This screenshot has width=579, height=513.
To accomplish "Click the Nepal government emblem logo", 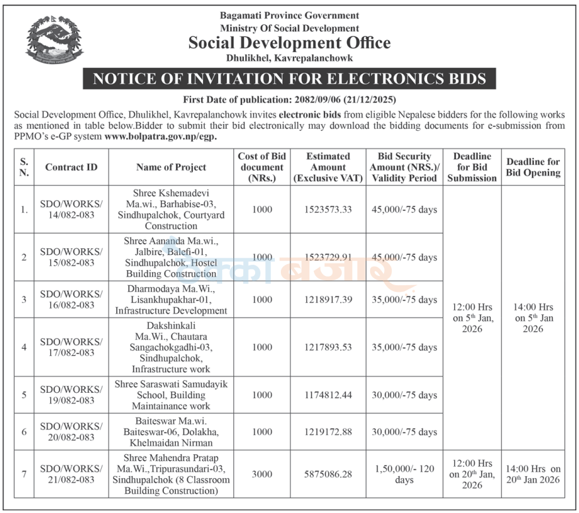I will click(x=56, y=42).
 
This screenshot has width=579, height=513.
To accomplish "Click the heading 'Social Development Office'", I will click(x=289, y=43).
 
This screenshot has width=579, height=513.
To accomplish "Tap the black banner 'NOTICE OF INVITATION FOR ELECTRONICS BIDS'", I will click(x=289, y=79).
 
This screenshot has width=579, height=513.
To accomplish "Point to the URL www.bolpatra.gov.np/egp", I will click(x=161, y=137).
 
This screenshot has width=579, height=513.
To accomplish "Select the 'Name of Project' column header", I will click(x=171, y=167).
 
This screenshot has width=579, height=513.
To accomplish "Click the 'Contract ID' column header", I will click(x=71, y=167).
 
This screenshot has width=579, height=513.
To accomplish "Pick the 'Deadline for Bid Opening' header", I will click(x=533, y=167).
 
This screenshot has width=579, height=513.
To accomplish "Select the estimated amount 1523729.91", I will click(x=328, y=257).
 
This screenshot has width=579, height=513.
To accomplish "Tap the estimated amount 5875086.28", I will click(x=328, y=474).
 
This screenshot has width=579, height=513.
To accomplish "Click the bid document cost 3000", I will click(x=262, y=474).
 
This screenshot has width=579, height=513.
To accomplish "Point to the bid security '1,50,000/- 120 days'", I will click(x=404, y=474).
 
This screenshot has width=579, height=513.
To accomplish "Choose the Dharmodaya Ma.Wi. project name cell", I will click(x=171, y=299).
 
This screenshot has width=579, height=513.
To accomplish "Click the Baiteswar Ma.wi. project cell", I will click(x=171, y=432).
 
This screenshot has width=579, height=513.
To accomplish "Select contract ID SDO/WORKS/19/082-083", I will click(x=71, y=395).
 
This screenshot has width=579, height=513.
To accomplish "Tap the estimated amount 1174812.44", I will click(x=328, y=395).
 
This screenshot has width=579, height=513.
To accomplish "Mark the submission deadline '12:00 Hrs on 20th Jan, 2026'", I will click(x=472, y=474).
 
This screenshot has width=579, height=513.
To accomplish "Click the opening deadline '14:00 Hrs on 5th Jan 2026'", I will click(x=533, y=318).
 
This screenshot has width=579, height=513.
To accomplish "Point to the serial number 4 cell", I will click(x=24, y=347).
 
